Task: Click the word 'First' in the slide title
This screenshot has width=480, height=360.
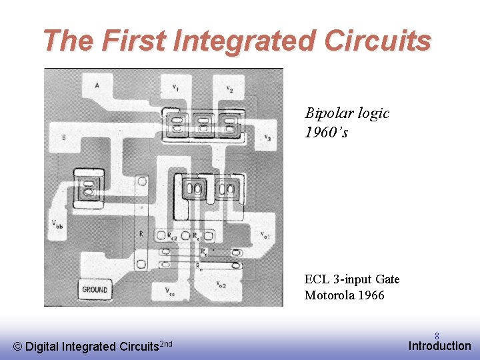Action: pos(135,41)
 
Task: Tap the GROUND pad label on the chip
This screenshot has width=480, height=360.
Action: pos(95,289)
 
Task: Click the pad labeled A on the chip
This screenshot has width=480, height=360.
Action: pos(98,85)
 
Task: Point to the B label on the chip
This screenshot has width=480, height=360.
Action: pos(63,137)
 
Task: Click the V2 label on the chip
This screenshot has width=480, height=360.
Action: pos(229,89)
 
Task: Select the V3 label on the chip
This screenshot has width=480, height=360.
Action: pos(266,138)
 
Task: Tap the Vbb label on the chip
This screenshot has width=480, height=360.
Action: pos(58,225)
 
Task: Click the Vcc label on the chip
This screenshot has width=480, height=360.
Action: pos(171,291)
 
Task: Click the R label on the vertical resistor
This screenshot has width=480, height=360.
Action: pos(141,234)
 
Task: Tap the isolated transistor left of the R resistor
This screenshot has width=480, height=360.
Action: pos(87,185)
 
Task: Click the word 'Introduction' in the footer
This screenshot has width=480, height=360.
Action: pos(439,345)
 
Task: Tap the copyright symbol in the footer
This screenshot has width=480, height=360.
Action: pos(17,346)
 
